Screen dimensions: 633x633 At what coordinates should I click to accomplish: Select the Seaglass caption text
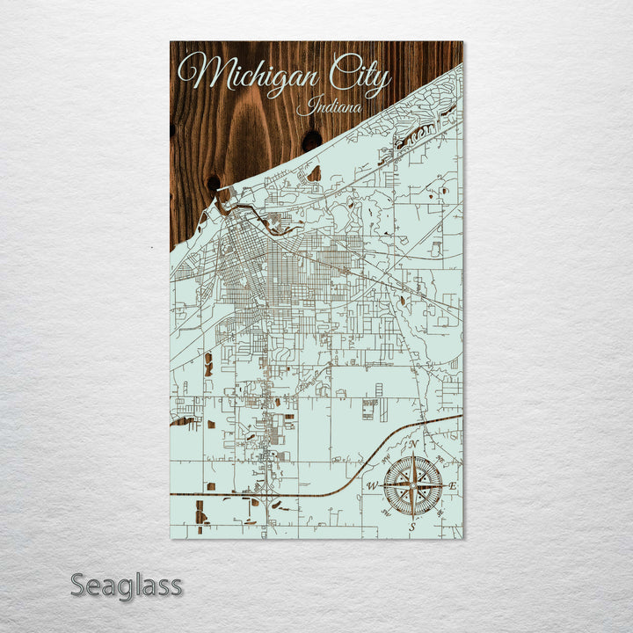click(x=127, y=585)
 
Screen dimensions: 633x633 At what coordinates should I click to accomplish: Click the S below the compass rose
click(x=411, y=525)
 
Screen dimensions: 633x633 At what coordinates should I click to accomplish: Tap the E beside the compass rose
click(x=453, y=485)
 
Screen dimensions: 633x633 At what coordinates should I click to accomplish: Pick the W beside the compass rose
click(x=372, y=485)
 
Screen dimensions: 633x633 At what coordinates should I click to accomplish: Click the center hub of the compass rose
click(x=412, y=485)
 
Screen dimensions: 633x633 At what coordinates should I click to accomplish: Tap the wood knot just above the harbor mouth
click(x=214, y=184)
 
